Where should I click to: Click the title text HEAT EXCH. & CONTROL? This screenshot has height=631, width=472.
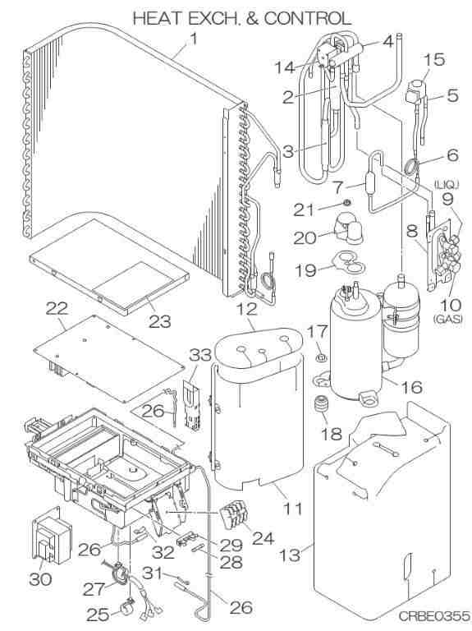241,19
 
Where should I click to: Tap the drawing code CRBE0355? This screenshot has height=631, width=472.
433,616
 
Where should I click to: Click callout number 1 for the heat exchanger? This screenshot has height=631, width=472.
194,39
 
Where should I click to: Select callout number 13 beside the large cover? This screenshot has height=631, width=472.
291,555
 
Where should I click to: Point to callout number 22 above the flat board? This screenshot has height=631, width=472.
57,309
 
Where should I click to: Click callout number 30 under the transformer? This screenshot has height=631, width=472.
40,579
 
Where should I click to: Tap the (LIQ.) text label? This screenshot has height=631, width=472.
446,185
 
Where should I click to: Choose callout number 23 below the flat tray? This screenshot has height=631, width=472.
159,321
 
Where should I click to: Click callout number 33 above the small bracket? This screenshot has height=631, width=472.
200,355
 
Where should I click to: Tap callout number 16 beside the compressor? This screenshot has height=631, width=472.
411,387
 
